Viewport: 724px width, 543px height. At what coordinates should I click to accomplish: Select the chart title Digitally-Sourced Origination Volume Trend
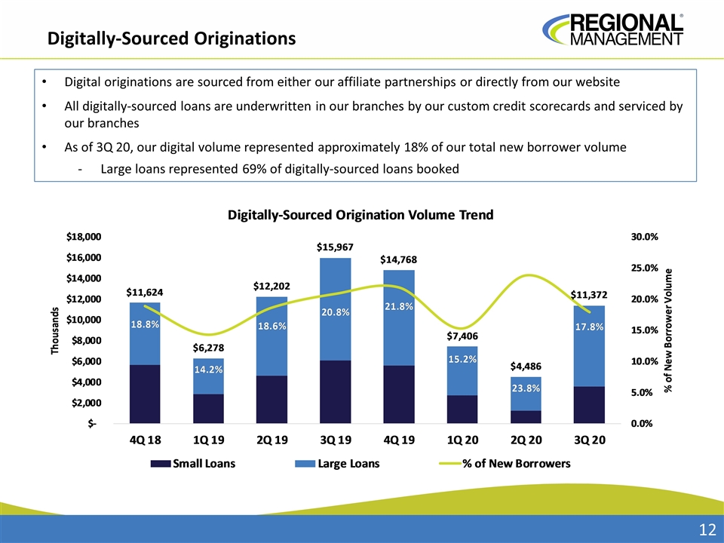click(x=360, y=215)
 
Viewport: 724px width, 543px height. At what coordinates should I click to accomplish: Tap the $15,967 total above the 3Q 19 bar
click(x=335, y=247)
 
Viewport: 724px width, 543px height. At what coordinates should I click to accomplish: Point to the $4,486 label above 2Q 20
click(x=525, y=366)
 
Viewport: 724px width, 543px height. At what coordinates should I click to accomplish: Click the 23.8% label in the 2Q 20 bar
click(x=525, y=388)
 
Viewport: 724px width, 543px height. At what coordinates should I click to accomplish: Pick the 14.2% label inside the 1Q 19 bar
click(x=208, y=370)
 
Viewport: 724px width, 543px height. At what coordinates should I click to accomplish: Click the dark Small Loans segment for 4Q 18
click(x=145, y=394)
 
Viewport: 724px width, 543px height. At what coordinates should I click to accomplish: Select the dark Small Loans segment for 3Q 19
click(x=335, y=391)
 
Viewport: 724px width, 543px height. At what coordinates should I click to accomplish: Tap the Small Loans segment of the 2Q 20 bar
click(x=525, y=416)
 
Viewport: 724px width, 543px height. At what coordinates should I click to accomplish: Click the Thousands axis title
click(x=55, y=331)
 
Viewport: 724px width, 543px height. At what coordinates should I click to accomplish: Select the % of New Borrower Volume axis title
click(x=668, y=330)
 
